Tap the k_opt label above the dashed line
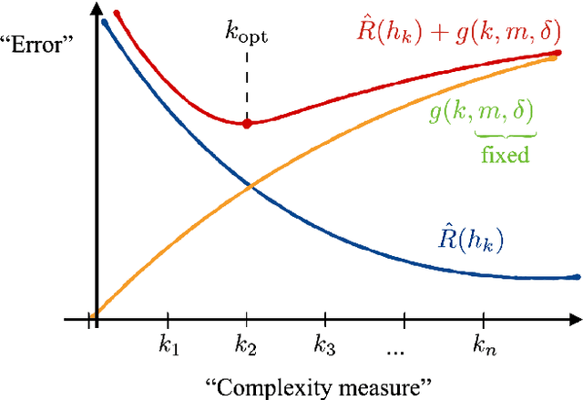click(x=246, y=32)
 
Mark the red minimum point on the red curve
click(x=246, y=123)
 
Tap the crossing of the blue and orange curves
click(x=251, y=186)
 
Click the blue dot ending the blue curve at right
click(x=576, y=276)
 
